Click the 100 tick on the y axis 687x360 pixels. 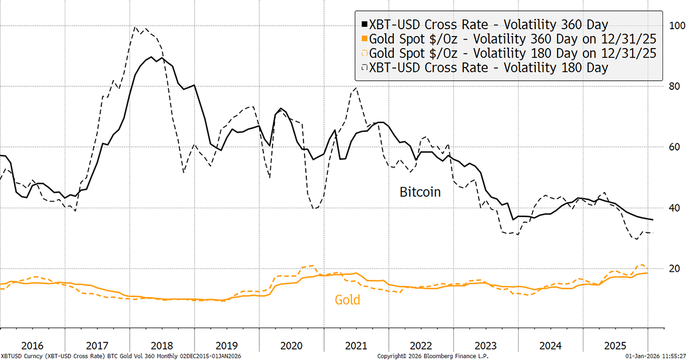(x=677, y=26)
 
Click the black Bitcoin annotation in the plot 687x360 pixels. (x=420, y=192)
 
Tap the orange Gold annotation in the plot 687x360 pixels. (x=348, y=299)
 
